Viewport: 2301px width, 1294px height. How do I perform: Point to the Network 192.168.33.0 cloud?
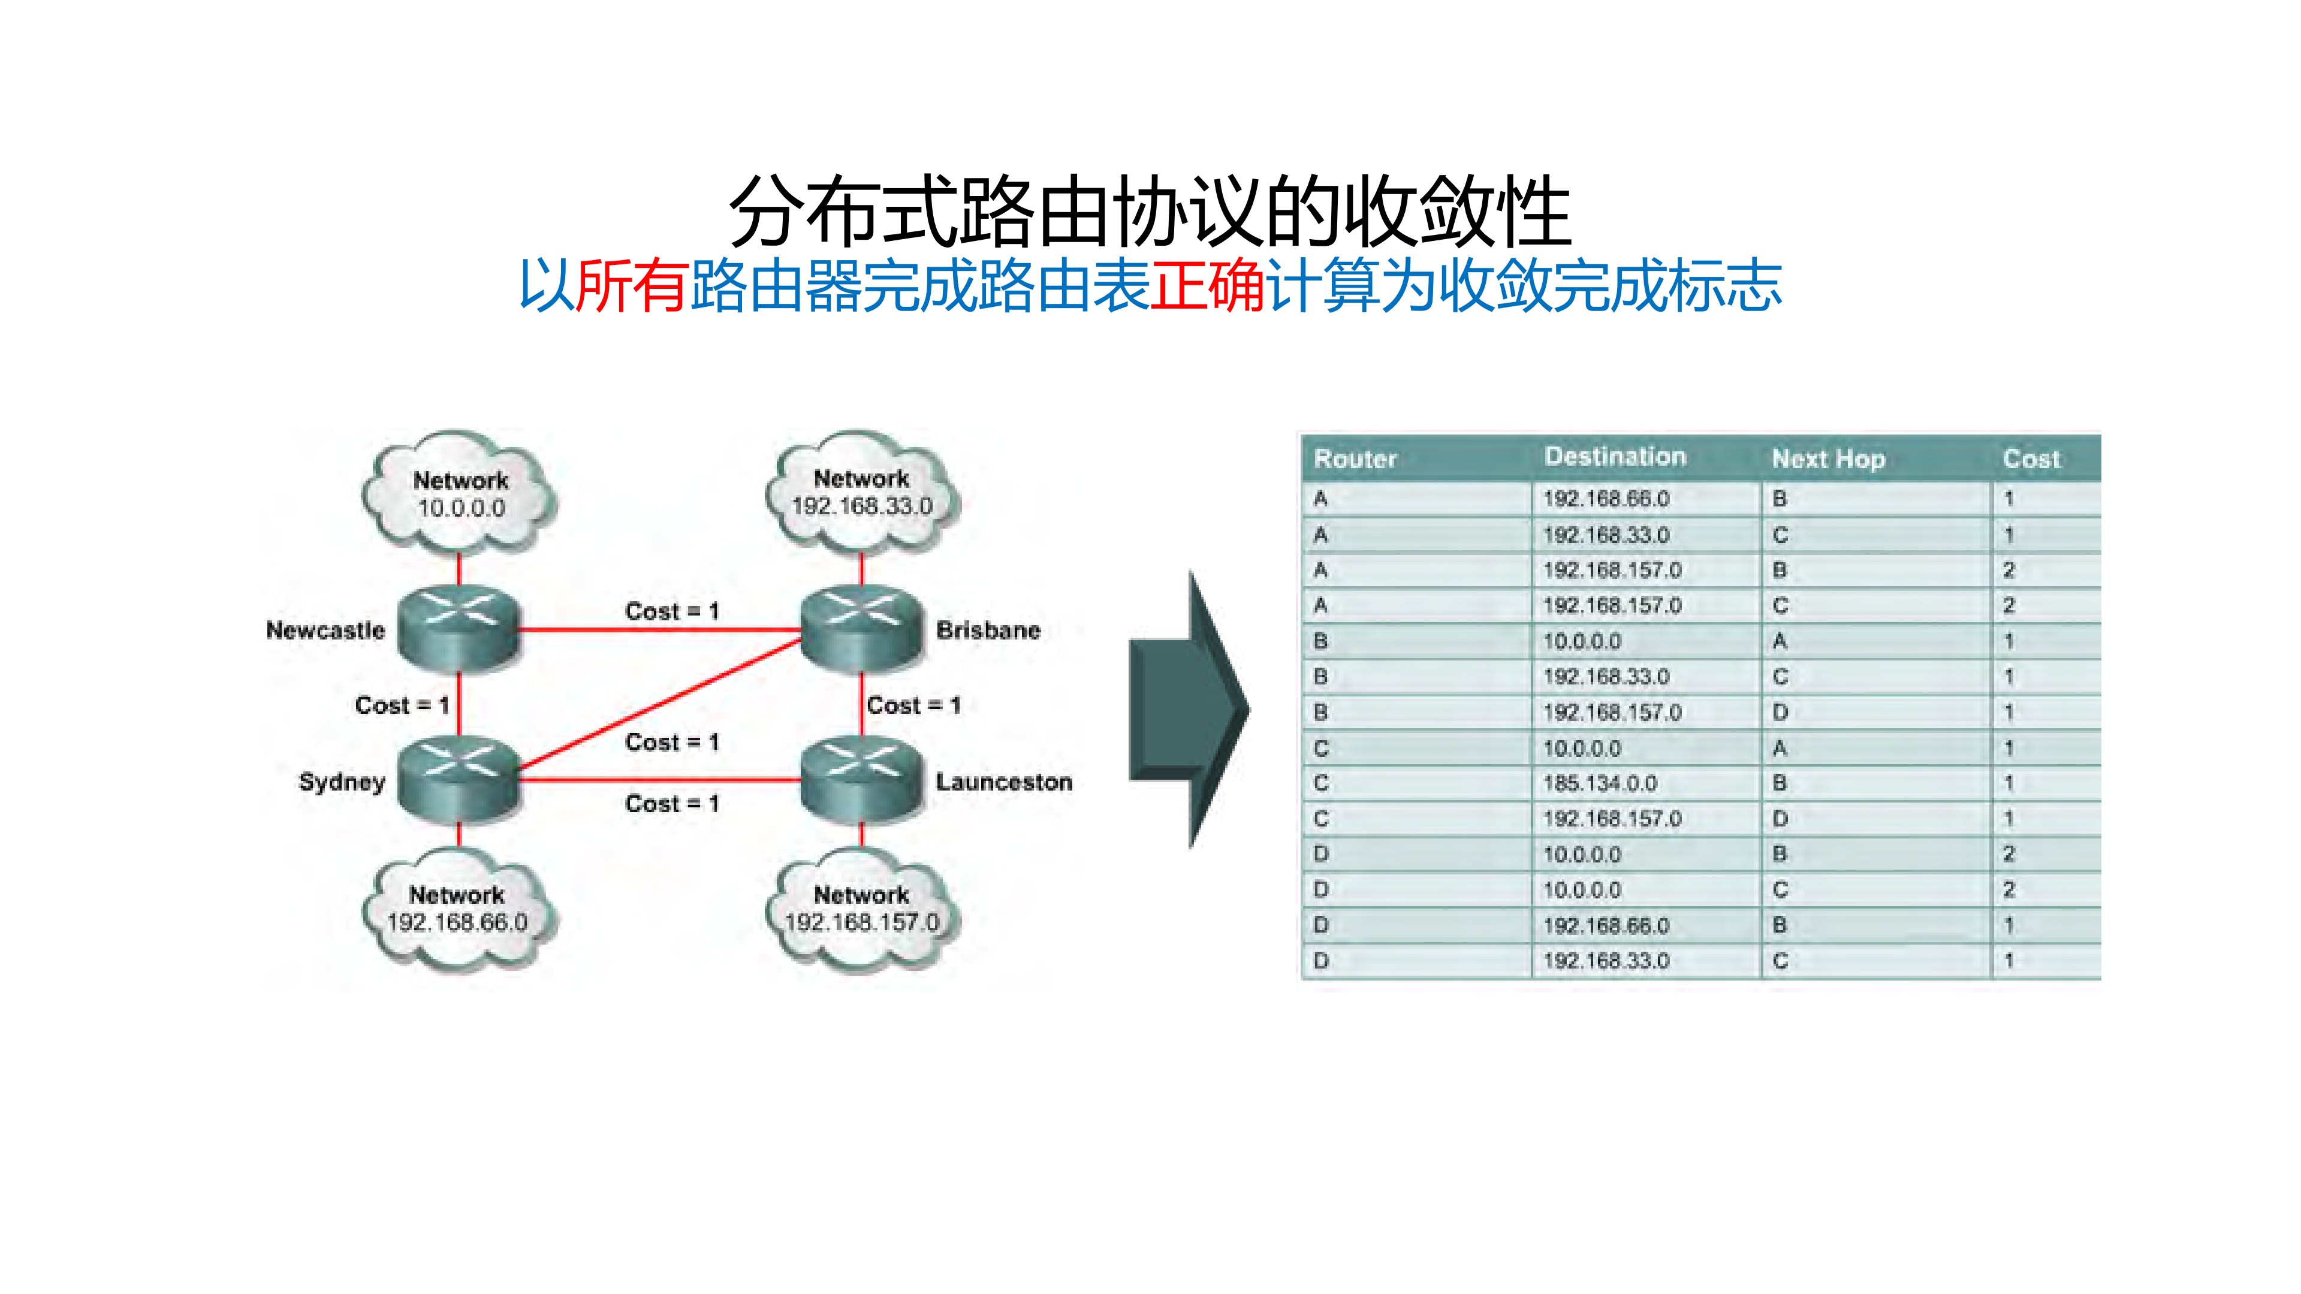pos(862,492)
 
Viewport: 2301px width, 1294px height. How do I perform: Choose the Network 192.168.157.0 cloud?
pos(862,909)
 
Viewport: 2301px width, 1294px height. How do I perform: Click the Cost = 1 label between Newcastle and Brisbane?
pos(672,612)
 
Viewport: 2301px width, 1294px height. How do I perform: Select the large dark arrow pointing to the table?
pos(1189,710)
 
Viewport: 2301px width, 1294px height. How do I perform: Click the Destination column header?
pos(1615,457)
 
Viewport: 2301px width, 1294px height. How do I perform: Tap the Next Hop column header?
pos(1827,459)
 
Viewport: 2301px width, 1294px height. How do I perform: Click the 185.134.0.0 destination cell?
pos(1600,783)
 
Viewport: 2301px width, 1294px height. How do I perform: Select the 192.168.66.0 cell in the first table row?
pos(1606,498)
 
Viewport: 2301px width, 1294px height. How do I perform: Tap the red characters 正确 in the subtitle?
pos(1207,286)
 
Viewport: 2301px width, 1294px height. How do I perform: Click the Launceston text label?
pos(1003,782)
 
